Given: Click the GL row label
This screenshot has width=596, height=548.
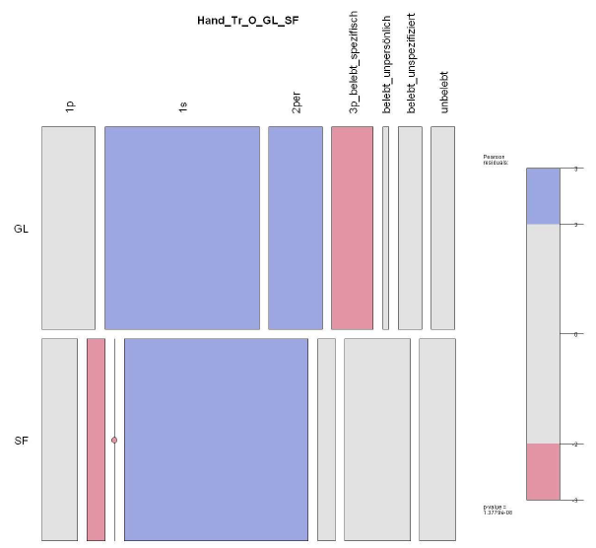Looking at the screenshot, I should click(22, 229).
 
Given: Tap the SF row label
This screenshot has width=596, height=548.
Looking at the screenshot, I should click(22, 440).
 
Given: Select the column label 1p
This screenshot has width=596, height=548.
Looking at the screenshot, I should click(69, 105).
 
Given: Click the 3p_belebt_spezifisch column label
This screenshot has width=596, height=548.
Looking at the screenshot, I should click(353, 69).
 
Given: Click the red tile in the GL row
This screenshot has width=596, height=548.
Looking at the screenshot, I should click(352, 228).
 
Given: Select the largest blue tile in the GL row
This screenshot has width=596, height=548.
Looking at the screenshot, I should click(182, 228).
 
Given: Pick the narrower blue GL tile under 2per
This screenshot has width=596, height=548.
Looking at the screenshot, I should click(296, 228).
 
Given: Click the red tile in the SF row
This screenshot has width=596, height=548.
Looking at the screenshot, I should click(96, 440).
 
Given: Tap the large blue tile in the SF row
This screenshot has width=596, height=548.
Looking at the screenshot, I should click(216, 440).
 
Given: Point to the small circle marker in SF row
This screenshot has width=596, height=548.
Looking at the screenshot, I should click(114, 440).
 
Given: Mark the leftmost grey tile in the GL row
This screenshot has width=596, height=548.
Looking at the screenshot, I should click(68, 228).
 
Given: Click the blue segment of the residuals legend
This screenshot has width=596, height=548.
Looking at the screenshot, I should click(543, 196).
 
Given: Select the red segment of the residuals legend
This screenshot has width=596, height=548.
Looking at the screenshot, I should click(543, 471).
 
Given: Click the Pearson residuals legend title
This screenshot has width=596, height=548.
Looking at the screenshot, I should click(495, 161).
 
